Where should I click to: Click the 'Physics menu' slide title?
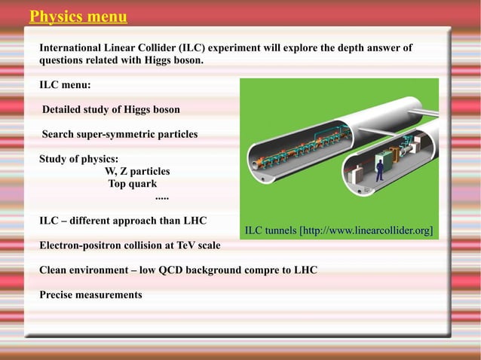78,17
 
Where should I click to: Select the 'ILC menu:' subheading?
65,85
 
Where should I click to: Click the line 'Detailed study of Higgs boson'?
111,110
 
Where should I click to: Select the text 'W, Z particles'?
137,172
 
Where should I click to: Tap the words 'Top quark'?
133,184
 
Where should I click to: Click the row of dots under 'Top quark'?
161,197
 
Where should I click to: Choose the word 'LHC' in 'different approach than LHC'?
195,221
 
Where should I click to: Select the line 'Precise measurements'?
90,294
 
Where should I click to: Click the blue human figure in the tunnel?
379,169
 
